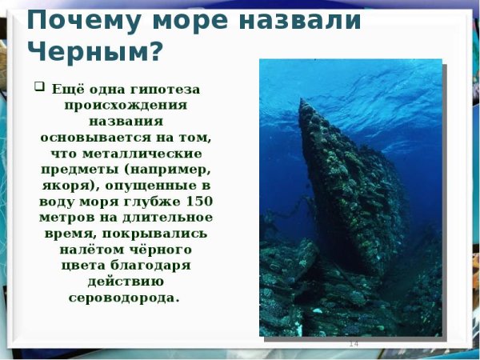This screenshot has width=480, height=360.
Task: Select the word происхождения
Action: click(x=126, y=105)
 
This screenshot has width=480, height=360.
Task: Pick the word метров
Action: click(x=66, y=217)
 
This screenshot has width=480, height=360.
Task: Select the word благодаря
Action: click(x=165, y=265)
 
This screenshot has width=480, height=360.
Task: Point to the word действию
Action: click(x=126, y=281)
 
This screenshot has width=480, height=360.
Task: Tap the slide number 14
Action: click(x=353, y=343)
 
